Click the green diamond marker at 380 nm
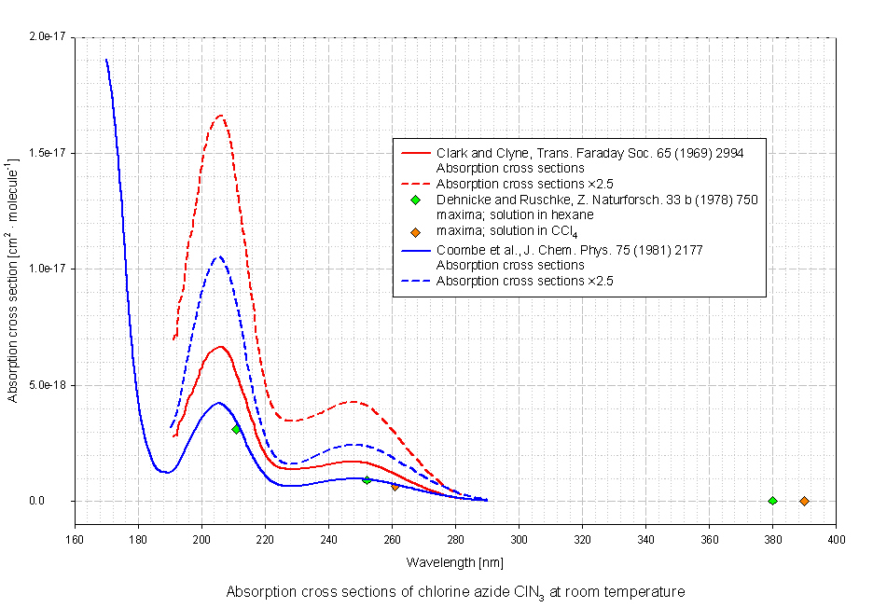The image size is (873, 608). click(772, 501)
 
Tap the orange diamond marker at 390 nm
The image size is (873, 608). click(804, 501)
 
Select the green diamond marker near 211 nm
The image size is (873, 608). click(236, 429)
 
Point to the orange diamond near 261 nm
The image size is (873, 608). click(395, 486)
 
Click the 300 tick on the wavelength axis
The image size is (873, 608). click(519, 539)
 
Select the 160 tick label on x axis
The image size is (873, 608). click(75, 539)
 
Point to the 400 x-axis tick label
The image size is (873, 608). click(836, 539)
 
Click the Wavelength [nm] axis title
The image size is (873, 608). click(454, 563)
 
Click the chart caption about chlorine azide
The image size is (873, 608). click(455, 591)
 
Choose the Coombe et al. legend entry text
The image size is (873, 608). click(569, 250)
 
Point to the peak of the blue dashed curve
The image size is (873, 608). click(219, 256)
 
